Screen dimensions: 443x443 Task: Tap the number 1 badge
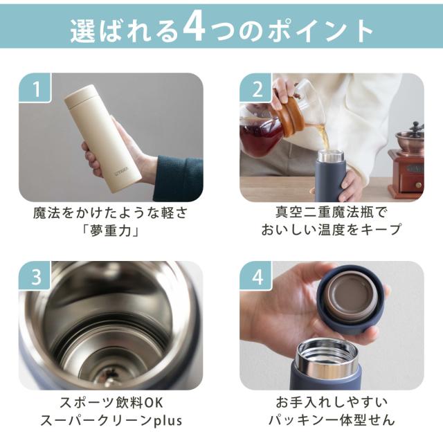click(35, 88)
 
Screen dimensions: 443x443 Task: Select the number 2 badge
click(255, 88)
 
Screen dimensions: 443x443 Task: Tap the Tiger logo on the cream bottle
click(122, 171)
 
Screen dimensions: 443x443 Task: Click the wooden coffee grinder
click(406, 161)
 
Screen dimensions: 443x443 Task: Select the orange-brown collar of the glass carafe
click(288, 114)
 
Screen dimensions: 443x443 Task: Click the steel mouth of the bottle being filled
click(330, 156)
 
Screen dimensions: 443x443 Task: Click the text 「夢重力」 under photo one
click(111, 230)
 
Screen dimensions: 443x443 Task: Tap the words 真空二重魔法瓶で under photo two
click(331, 213)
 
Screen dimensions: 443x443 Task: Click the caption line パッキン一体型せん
click(332, 420)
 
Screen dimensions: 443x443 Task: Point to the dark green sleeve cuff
click(179, 177)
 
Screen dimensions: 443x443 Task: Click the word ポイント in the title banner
click(321, 30)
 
